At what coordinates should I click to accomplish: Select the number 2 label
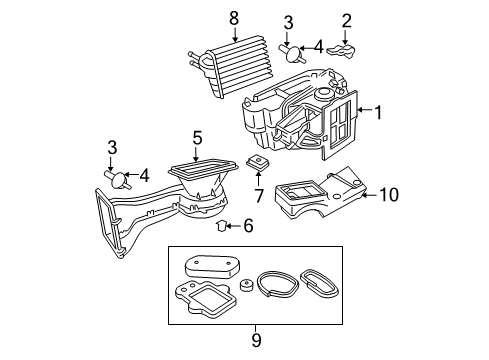(347, 19)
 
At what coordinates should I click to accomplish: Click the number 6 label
(249, 226)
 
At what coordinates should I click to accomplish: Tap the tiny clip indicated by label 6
(224, 225)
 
